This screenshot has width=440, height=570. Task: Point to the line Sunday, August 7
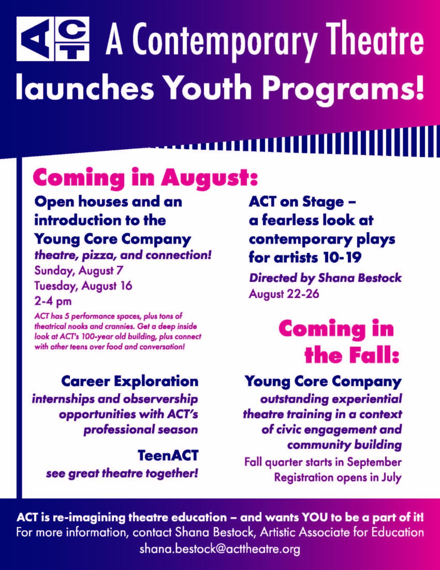coord(78,271)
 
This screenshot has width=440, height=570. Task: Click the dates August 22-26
coord(284,294)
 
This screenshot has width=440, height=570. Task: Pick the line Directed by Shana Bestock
coord(325,279)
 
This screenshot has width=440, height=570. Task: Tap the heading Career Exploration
coord(130,382)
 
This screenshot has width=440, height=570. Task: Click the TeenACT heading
coord(168,455)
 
